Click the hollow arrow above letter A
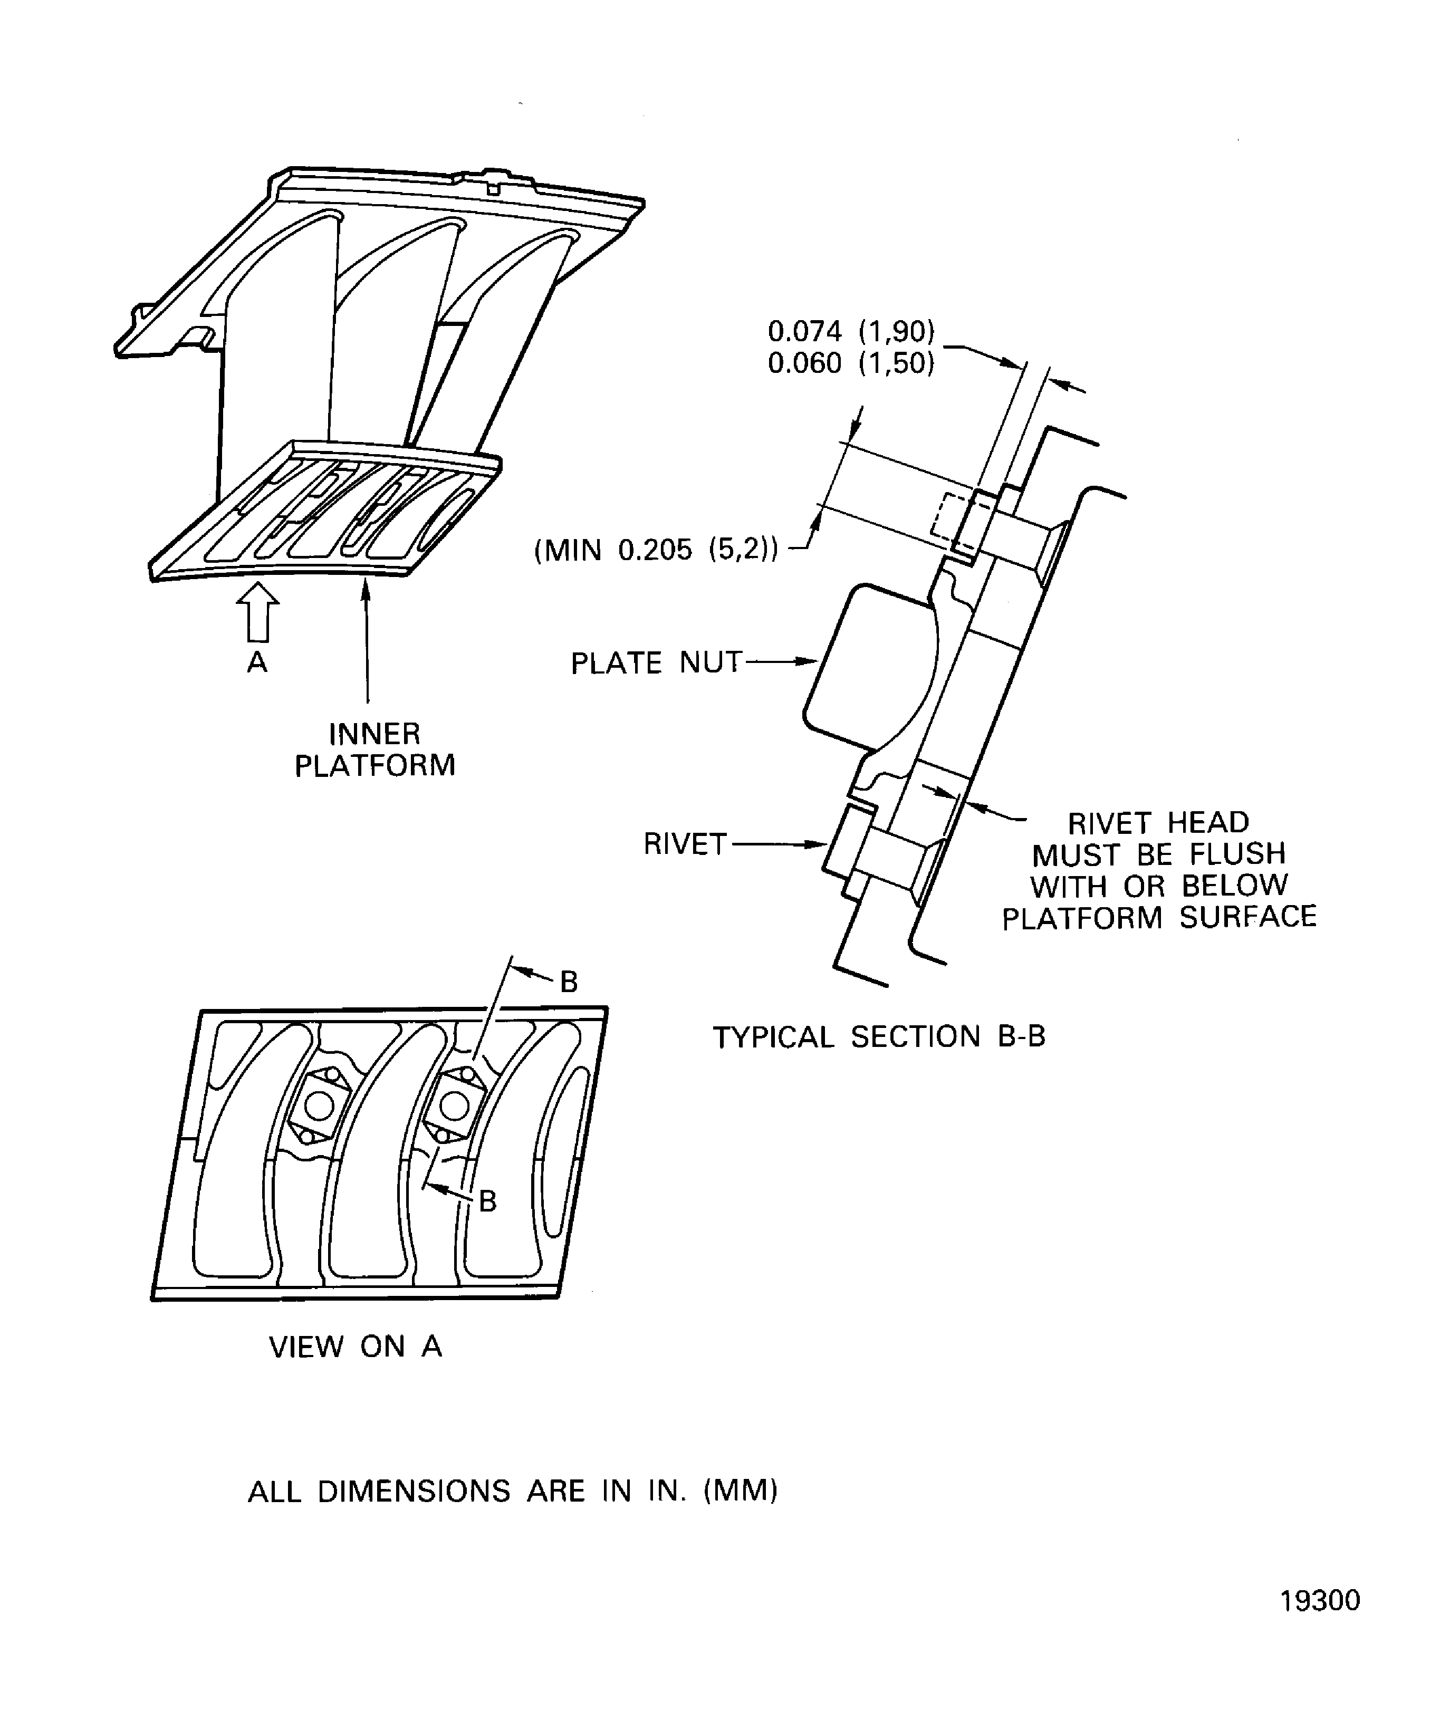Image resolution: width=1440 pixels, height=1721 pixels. tap(257, 611)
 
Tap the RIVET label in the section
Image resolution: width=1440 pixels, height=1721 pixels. tap(685, 844)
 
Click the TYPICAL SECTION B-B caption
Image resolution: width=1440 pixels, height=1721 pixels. tap(879, 1037)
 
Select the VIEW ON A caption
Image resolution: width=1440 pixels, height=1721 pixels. tap(356, 1347)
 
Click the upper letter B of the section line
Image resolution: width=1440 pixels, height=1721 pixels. tap(569, 982)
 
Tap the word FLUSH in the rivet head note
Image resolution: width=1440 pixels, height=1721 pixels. tap(1237, 854)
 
